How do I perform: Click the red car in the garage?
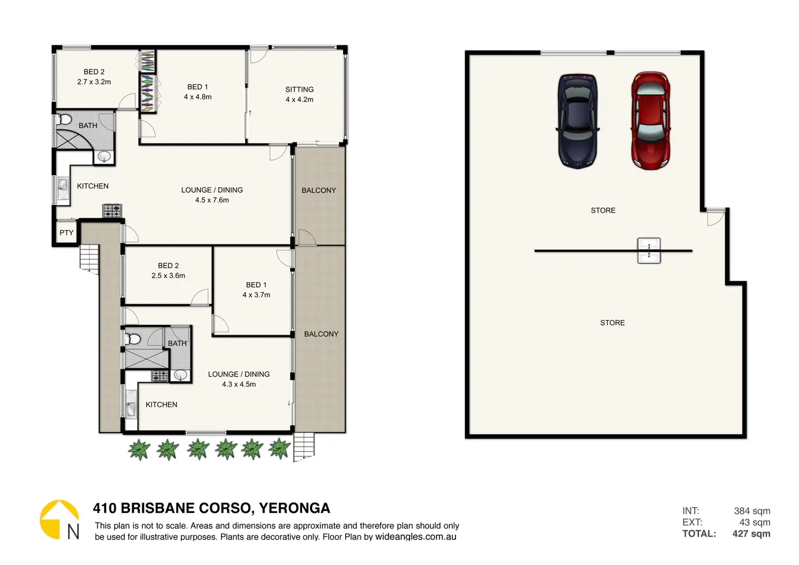tap(651, 120)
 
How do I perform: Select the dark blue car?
tap(578, 121)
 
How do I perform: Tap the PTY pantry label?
tap(66, 233)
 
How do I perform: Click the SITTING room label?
tap(299, 90)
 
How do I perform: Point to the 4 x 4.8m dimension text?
tap(198, 97)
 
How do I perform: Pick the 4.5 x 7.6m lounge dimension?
tap(212, 200)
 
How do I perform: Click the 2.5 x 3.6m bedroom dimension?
tap(168, 276)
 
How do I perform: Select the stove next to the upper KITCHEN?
tap(112, 211)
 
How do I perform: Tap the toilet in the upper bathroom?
tap(65, 119)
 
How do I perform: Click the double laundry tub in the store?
tap(649, 251)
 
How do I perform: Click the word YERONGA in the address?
tap(295, 508)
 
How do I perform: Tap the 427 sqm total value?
tap(751, 534)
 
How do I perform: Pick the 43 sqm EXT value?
tap(755, 522)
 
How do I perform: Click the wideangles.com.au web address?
tap(416, 537)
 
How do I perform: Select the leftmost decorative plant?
tap(139, 449)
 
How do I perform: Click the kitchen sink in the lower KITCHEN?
tap(131, 404)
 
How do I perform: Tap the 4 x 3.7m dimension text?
tap(256, 295)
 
